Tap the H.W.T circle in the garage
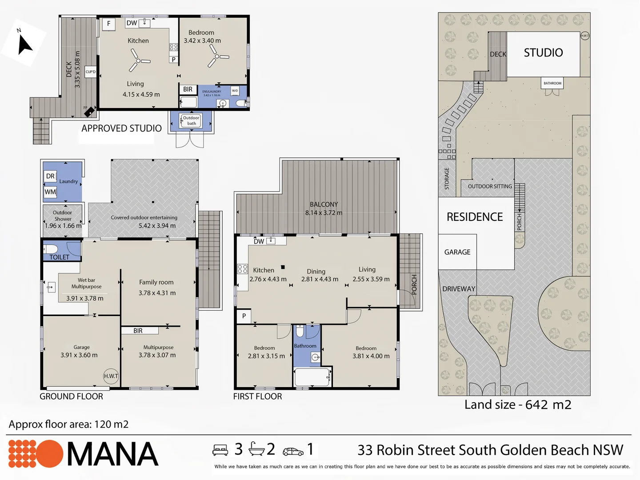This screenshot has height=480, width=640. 111,376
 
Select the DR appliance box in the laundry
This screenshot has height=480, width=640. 50,176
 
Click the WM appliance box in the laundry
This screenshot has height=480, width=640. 50,192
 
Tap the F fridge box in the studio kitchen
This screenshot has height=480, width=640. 109,24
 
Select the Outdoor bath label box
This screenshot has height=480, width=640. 191,120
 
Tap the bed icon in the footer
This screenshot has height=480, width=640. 220,450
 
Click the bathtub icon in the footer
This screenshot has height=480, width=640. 256,449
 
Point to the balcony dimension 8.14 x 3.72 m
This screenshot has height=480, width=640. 324,213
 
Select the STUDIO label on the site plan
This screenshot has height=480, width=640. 543,53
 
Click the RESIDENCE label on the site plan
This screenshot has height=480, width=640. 475,217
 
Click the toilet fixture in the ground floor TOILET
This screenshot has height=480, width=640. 51,249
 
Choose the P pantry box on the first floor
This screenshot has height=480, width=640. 244,316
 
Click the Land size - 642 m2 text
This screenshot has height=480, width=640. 518,405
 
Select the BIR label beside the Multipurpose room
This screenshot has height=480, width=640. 138,331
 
